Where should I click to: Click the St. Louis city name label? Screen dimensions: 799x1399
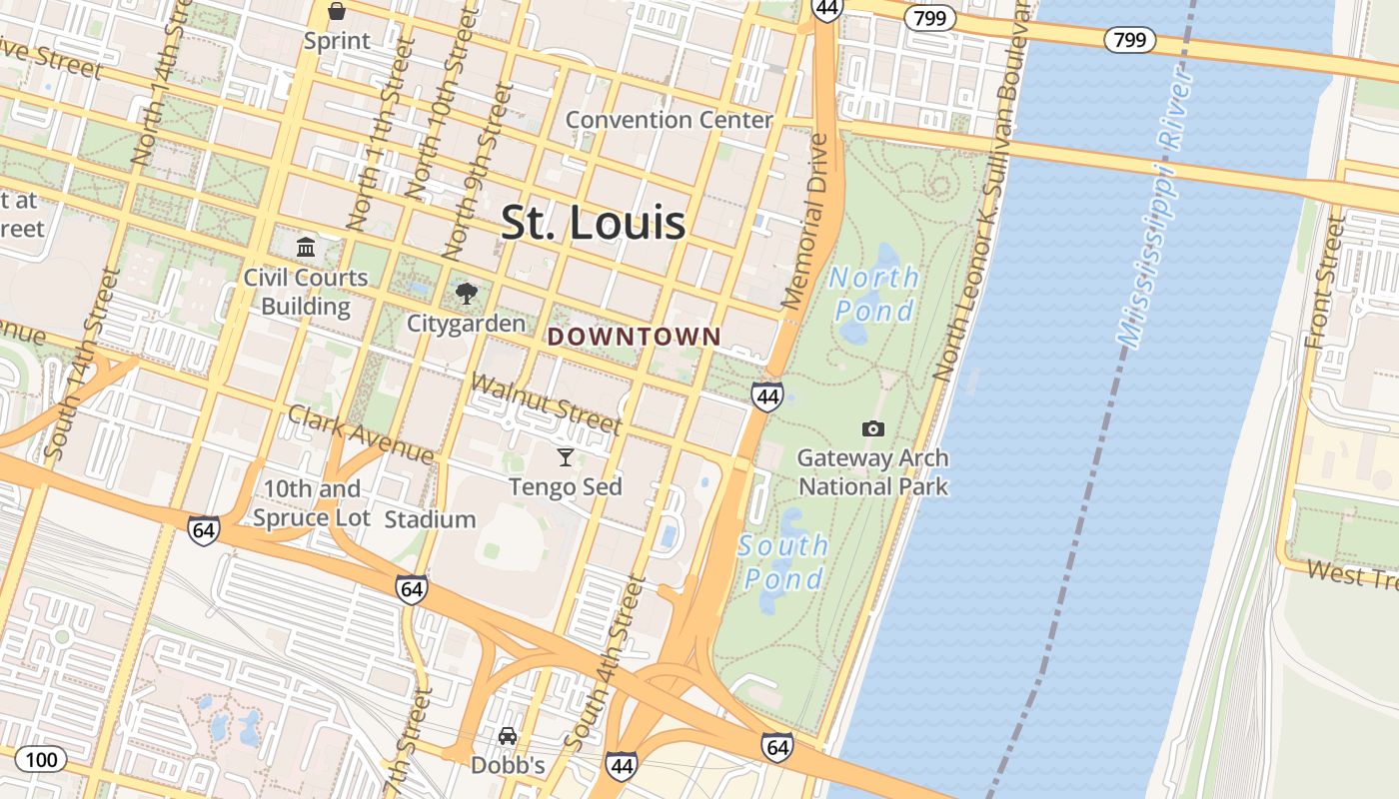(593, 222)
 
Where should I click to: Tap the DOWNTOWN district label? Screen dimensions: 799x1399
(634, 337)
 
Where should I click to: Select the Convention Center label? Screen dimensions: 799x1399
(669, 120)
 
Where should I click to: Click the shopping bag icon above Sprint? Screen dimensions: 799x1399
(337, 12)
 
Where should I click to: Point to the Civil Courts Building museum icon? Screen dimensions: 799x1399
(306, 247)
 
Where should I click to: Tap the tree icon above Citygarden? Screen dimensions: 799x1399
(466, 294)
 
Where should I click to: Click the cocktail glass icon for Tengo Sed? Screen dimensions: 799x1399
(566, 457)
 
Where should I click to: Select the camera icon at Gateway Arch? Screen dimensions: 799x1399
(872, 428)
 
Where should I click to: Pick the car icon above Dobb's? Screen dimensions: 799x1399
(508, 736)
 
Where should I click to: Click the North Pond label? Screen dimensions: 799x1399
(874, 294)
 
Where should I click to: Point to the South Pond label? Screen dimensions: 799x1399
(783, 561)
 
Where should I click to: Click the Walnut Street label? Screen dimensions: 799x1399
(546, 403)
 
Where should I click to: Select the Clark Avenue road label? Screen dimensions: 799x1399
(361, 435)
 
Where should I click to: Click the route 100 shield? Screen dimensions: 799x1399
(41, 759)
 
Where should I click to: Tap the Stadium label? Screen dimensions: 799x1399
(430, 519)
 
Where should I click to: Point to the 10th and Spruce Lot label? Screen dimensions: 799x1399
(311, 503)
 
